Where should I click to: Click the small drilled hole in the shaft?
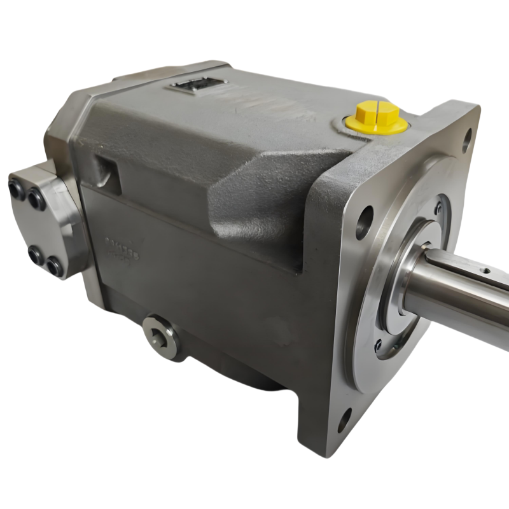(485, 270)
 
